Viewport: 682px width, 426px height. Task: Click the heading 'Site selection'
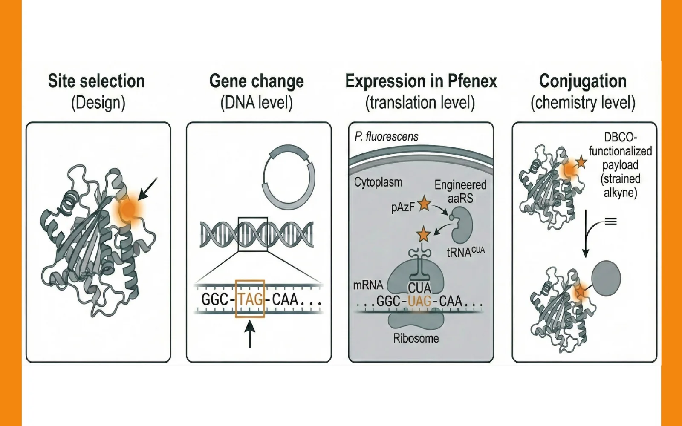(x=96, y=81)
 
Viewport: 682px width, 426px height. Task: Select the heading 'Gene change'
(x=257, y=81)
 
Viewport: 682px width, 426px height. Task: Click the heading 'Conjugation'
(x=583, y=81)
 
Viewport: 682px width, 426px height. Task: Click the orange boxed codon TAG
(x=250, y=299)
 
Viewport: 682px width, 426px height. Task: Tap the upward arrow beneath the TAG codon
(x=250, y=334)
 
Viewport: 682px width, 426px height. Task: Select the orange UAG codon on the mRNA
(x=419, y=301)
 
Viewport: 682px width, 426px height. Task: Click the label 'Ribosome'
(x=416, y=338)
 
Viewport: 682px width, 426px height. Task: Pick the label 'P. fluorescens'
(x=386, y=136)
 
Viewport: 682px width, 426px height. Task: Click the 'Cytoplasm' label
(x=378, y=182)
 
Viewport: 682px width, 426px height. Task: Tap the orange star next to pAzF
(x=424, y=204)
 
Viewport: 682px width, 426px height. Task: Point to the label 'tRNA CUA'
(x=465, y=252)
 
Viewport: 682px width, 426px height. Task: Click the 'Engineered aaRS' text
(x=460, y=191)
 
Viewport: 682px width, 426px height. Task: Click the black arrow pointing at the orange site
(x=147, y=189)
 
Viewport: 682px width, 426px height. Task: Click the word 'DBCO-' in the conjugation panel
(x=620, y=137)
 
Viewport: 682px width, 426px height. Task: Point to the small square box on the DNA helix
(x=253, y=234)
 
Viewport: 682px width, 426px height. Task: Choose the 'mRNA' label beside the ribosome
(x=368, y=285)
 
